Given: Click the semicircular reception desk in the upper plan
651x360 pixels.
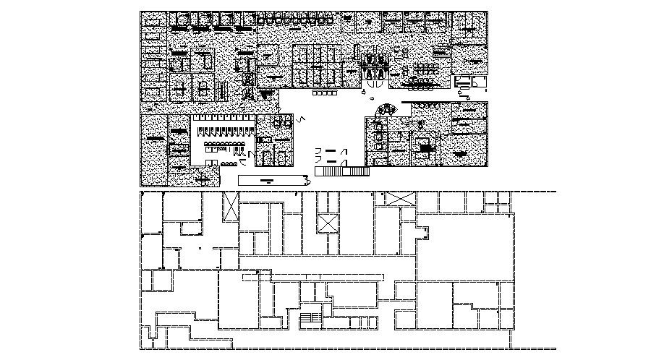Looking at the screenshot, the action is pos(385,111).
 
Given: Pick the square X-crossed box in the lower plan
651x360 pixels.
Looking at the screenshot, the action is pos(328,224).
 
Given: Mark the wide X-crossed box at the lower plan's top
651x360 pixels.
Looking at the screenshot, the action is pos(399,198).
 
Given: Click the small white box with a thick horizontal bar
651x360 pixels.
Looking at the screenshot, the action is pos(480,80).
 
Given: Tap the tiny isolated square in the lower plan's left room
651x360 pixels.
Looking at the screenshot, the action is pos(200,248).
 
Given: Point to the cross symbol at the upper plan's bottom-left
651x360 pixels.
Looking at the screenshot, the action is pos(203,178).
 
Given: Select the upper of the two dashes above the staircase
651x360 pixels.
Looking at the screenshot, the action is pos(331,151).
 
